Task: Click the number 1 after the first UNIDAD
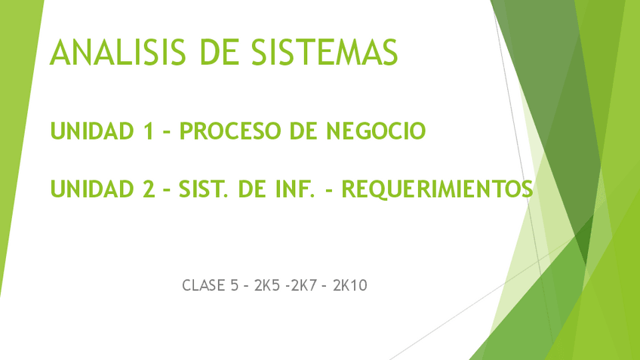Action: (x=148, y=131)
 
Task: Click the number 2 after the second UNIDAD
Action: (x=149, y=188)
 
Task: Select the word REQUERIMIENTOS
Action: (x=437, y=188)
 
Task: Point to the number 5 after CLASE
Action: (x=235, y=285)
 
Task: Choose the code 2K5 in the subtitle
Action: (x=267, y=285)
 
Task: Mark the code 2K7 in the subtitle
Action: (x=304, y=285)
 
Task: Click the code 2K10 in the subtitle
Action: (x=349, y=285)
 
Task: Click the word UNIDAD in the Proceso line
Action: (x=91, y=131)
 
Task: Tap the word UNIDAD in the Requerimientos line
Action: (x=91, y=188)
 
